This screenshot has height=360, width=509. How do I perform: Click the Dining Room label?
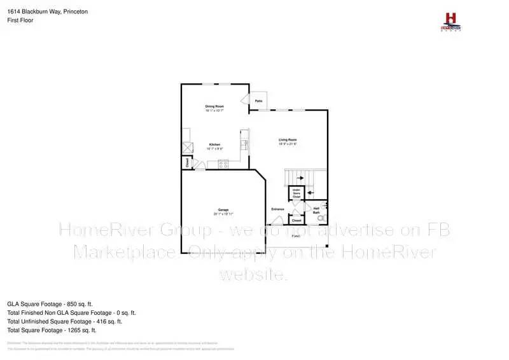[x=214, y=106]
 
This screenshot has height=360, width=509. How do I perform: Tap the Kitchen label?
[x=214, y=144]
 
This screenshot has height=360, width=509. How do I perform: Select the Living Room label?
[x=288, y=140]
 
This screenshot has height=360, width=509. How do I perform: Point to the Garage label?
[x=224, y=210]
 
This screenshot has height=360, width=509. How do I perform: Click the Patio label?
[x=258, y=101]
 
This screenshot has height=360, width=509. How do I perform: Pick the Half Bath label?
[x=316, y=210]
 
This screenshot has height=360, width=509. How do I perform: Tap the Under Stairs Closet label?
[x=296, y=193]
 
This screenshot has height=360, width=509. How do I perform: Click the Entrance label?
[x=277, y=209]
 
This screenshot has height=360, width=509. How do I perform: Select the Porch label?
[x=296, y=236]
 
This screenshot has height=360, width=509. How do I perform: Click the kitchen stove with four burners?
[x=223, y=164]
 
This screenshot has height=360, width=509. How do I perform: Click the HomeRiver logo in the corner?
[x=451, y=21]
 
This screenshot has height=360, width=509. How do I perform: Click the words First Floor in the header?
[x=20, y=20]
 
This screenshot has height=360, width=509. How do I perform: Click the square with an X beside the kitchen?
[x=187, y=148]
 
